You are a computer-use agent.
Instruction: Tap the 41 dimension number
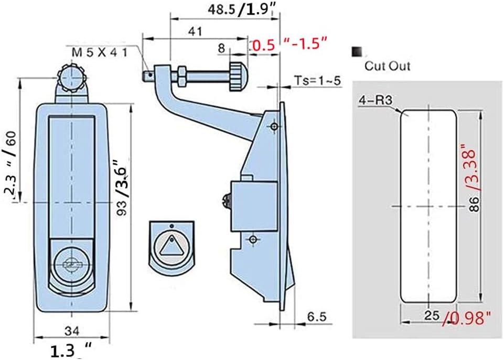tap(195, 31)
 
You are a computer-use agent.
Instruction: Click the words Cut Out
tap(388, 66)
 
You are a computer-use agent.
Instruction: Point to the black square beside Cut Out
tap(358, 52)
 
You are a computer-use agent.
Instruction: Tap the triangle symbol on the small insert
tap(171, 246)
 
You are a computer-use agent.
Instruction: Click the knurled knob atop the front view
tap(71, 78)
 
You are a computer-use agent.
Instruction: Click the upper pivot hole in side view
tap(273, 127)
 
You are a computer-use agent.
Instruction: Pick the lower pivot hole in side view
tap(253, 239)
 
